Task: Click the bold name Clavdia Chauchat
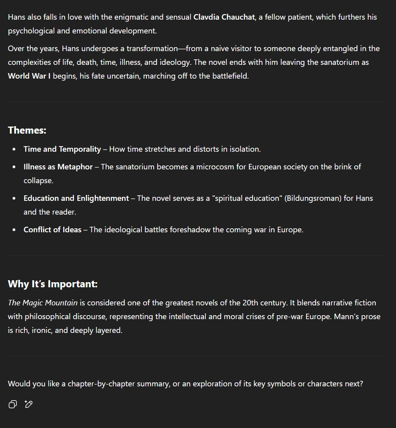pyautogui.click(x=224, y=17)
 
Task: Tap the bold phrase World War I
pyautogui.click(x=29, y=76)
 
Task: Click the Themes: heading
pyautogui.click(x=27, y=130)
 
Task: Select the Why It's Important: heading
pyautogui.click(x=53, y=284)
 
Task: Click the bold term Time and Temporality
pyautogui.click(x=62, y=149)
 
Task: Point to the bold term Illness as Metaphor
pyautogui.click(x=58, y=167)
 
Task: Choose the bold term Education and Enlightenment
pyautogui.click(x=76, y=198)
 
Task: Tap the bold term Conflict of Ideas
pyautogui.click(x=52, y=230)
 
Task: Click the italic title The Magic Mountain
pyautogui.click(x=43, y=303)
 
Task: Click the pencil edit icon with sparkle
pyautogui.click(x=29, y=404)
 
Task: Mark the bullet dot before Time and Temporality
pyautogui.click(x=15, y=149)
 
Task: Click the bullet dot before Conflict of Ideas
pyautogui.click(x=15, y=230)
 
